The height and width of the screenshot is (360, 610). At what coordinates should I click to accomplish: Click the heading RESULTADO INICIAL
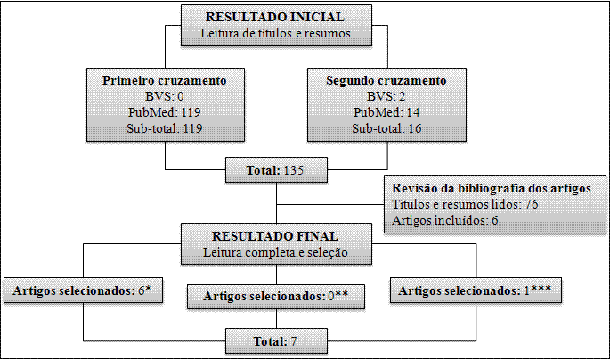pos(275,17)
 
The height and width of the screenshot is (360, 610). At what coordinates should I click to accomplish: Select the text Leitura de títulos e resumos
pos(275,34)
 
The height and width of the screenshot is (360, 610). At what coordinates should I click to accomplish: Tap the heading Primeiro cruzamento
pos(165,80)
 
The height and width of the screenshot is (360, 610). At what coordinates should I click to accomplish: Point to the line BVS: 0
pos(165,96)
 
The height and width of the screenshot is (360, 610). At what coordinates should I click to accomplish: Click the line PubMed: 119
pos(165,112)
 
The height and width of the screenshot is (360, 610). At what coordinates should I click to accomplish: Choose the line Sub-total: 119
pos(165,128)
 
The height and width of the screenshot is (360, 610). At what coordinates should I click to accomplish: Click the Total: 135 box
pos(275,169)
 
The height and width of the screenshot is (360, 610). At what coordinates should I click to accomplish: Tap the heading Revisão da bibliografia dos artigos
pos(488,189)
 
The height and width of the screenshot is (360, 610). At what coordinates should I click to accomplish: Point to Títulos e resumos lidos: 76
pos(464,204)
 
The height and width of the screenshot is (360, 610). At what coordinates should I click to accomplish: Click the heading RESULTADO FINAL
pos(275,236)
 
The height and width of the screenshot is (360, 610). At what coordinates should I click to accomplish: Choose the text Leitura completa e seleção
pos(275,252)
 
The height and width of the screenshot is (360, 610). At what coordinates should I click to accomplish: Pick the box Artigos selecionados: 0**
pos(275,295)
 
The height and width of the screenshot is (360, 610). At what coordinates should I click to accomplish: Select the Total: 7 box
pos(275,341)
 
